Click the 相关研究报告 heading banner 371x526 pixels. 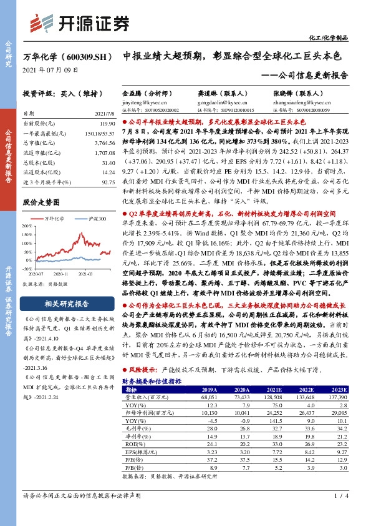click(x=67, y=304)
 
